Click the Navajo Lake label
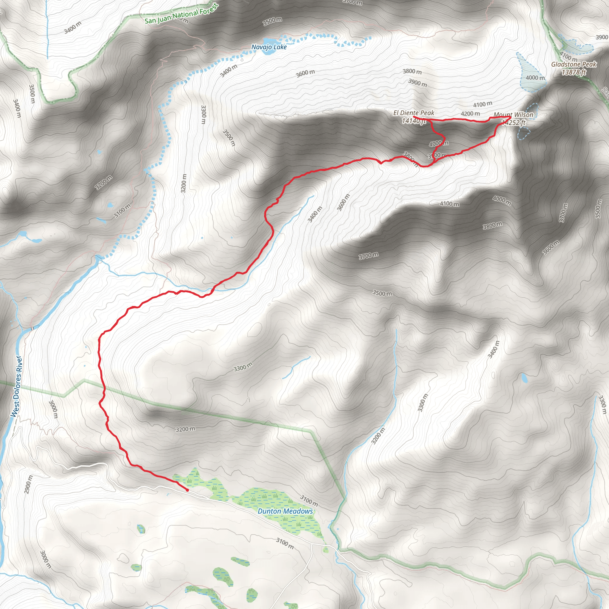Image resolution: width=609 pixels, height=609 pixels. pyautogui.click(x=269, y=47)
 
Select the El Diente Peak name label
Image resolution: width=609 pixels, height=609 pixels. pyautogui.click(x=414, y=113)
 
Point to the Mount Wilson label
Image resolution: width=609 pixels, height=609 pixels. pyautogui.click(x=513, y=115)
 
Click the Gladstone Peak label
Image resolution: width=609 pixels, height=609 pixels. pyautogui.click(x=574, y=64)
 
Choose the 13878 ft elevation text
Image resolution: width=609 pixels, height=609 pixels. pyautogui.click(x=574, y=72)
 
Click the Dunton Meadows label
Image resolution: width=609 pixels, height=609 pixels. pyautogui.click(x=285, y=511)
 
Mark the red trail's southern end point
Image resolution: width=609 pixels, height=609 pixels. pyautogui.click(x=188, y=490)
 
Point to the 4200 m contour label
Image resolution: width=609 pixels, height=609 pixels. pyautogui.click(x=470, y=114)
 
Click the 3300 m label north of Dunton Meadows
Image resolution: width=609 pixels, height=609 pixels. pyautogui.click(x=243, y=367)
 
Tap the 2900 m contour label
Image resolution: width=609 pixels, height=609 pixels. pyautogui.click(x=28, y=484)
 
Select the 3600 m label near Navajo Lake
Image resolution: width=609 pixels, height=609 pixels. pyautogui.click(x=305, y=73)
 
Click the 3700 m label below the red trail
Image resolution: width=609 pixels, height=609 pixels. pyautogui.click(x=368, y=256)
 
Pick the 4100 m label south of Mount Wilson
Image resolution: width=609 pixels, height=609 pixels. pyautogui.click(x=450, y=204)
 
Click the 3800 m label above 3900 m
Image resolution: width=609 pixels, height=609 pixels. pyautogui.click(x=412, y=72)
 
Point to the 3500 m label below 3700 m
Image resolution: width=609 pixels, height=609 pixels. pyautogui.click(x=382, y=293)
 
